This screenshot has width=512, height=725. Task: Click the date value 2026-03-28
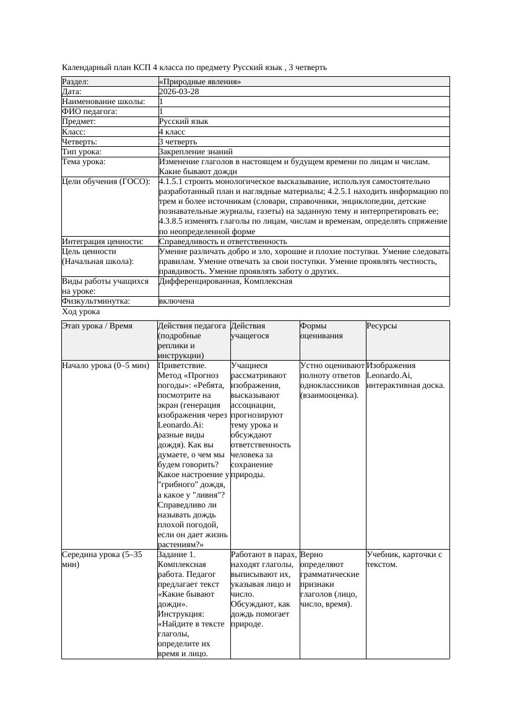pos(179,91)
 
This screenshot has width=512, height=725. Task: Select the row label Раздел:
pos(75,81)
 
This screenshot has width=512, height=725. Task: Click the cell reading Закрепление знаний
pos(196,151)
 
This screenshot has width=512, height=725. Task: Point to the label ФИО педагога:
pos(90,112)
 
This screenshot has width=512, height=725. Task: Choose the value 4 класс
pos(172,131)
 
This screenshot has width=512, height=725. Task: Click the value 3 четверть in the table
pos(176,141)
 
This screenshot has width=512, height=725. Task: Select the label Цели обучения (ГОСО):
pos(106,182)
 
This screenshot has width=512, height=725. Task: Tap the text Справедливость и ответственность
pos(223,241)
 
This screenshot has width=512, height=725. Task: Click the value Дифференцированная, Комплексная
pos(225,281)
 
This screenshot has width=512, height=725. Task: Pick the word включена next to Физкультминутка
pos(176,301)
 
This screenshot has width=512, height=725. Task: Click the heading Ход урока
pos(80,312)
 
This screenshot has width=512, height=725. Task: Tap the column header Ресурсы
pos(381,325)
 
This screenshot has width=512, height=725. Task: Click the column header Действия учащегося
pos(248,330)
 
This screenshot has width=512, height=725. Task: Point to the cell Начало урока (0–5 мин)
pos(106,366)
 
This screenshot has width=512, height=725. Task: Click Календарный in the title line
pos(83,67)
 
